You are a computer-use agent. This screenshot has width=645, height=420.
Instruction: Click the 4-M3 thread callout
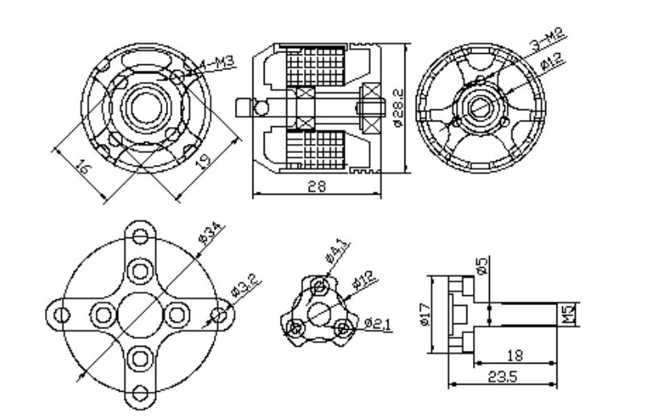click(x=211, y=63)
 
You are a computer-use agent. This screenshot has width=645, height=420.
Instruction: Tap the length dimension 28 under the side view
click(x=315, y=186)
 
